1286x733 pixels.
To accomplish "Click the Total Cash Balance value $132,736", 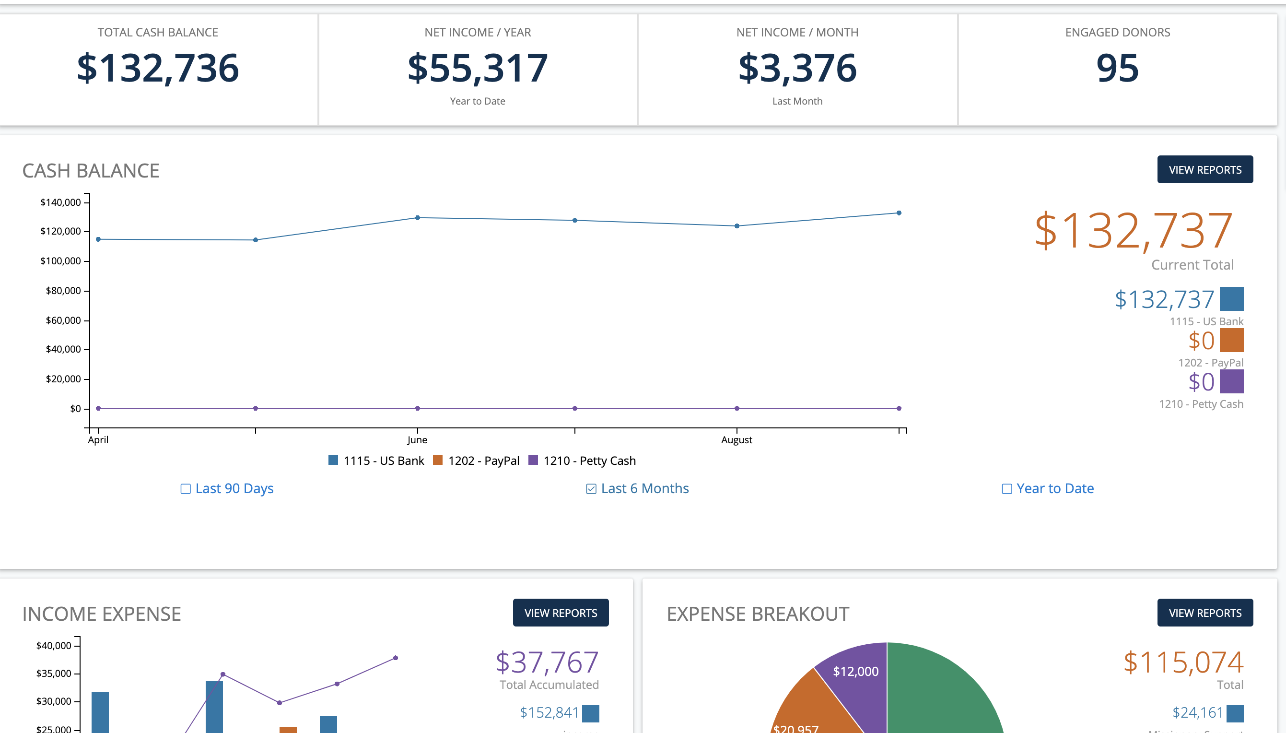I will coord(157,69).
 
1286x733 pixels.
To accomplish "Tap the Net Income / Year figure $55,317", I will coord(478,69).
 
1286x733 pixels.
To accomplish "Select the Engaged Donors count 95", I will coord(1117,69).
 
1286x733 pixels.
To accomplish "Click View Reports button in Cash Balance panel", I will coord(1204,170).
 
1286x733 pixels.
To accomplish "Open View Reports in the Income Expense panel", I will coord(561,613).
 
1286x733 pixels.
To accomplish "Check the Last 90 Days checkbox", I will coord(186,489).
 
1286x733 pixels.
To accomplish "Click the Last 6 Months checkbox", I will coord(591,489).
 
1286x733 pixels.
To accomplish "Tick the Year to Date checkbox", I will coord(1007,489).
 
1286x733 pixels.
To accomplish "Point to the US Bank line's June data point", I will coord(418,218).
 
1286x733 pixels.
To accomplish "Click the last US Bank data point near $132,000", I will coord(899,213).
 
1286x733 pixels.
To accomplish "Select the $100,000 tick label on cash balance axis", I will coord(60,261).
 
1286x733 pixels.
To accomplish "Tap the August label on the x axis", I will coord(737,440).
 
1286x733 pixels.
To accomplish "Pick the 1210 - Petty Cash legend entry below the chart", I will coord(582,461).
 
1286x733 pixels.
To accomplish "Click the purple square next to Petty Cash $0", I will coord(1231,381).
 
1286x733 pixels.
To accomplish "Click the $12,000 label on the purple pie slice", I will coord(855,671).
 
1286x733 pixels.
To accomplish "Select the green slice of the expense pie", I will coord(941,695).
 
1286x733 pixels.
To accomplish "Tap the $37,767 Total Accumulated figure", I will coord(547,662).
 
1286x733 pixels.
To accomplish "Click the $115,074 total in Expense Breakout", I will coord(1183,662).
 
